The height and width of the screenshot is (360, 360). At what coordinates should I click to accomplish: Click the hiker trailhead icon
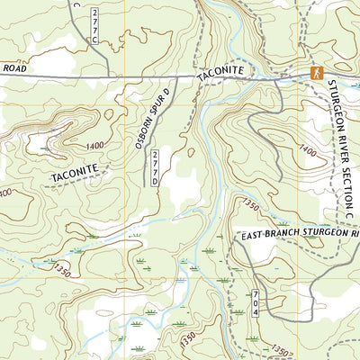(316, 72)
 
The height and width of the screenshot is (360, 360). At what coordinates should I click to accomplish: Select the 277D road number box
(155, 167)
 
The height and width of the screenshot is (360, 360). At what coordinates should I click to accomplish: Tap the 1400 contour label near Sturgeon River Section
(308, 150)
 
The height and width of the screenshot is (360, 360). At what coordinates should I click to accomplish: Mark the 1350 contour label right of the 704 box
(281, 350)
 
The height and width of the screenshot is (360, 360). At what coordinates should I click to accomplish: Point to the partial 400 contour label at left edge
(5, 193)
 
